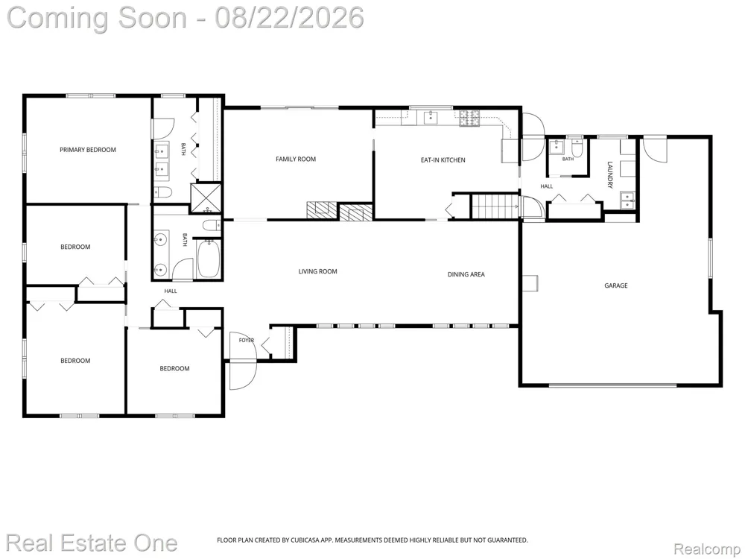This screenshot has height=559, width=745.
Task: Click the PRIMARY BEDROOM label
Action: click(88, 150)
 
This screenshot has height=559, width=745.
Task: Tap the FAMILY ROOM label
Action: click(296, 160)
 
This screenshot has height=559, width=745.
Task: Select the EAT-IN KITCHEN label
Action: click(443, 160)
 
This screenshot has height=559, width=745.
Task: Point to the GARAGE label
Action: click(616, 285)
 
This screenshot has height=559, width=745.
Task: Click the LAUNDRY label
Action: click(610, 175)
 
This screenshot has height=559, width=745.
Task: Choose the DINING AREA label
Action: click(466, 274)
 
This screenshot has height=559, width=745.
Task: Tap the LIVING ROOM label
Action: click(318, 271)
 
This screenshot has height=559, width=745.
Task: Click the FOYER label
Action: click(246, 341)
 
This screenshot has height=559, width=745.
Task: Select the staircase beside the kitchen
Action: click(494, 206)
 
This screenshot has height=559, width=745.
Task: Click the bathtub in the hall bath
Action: click(209, 258)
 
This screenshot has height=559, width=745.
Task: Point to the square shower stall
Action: click(206, 198)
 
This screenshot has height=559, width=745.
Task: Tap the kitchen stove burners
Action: click(469, 119)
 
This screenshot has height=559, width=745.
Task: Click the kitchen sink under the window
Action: click(431, 117)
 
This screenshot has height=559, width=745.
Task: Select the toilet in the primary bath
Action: click(163, 192)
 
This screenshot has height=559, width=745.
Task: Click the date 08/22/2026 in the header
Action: click(289, 18)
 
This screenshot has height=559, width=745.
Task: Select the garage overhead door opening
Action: click(613, 385)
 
